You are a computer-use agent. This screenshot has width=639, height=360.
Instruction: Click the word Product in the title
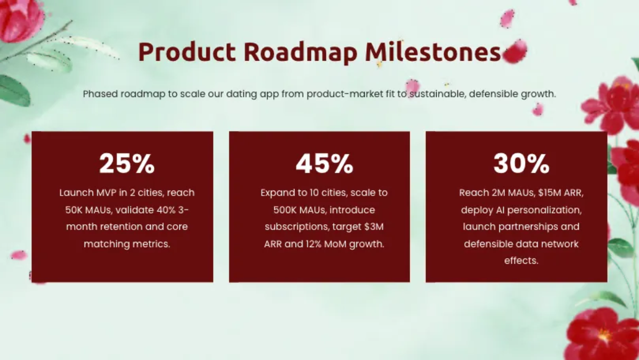[187, 52]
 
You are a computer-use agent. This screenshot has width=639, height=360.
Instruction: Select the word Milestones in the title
[433, 52]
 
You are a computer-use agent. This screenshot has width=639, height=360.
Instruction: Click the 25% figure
[127, 163]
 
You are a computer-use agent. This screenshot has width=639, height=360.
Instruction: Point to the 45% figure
[324, 163]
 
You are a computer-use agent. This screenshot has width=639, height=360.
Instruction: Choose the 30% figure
[521, 163]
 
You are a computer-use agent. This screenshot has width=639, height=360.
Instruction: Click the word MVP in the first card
[106, 193]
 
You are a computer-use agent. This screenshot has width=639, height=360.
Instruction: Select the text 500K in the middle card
[285, 210]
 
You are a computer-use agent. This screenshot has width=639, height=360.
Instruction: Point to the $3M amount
[374, 227]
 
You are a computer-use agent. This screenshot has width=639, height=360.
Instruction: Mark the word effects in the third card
[521, 260]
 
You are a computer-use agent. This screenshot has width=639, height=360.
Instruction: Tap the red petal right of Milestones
[515, 51]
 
